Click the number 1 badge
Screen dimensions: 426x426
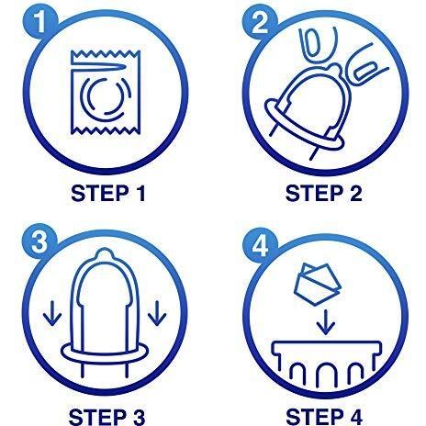tap(39, 21)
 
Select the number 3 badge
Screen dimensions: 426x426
tap(39, 241)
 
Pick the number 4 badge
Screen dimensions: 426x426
tap(260, 245)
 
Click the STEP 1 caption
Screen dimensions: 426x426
tap(107, 194)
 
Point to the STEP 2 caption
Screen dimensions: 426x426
tap(323, 194)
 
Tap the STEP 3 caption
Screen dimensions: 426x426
tap(106, 417)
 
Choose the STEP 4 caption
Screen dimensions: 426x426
tap(324, 417)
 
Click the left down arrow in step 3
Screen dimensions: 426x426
tap(52, 313)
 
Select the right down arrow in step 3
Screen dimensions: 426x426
tap(157, 313)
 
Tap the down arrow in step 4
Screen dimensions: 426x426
tap(326, 322)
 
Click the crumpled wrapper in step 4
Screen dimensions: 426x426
tap(318, 284)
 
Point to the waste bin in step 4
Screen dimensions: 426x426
tap(327, 363)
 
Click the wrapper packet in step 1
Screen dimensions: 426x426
tap(106, 93)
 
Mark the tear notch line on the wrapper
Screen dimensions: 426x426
tap(98, 67)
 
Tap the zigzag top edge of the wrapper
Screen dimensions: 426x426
tap(106, 54)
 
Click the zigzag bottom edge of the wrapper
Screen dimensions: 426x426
tap(106, 130)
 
